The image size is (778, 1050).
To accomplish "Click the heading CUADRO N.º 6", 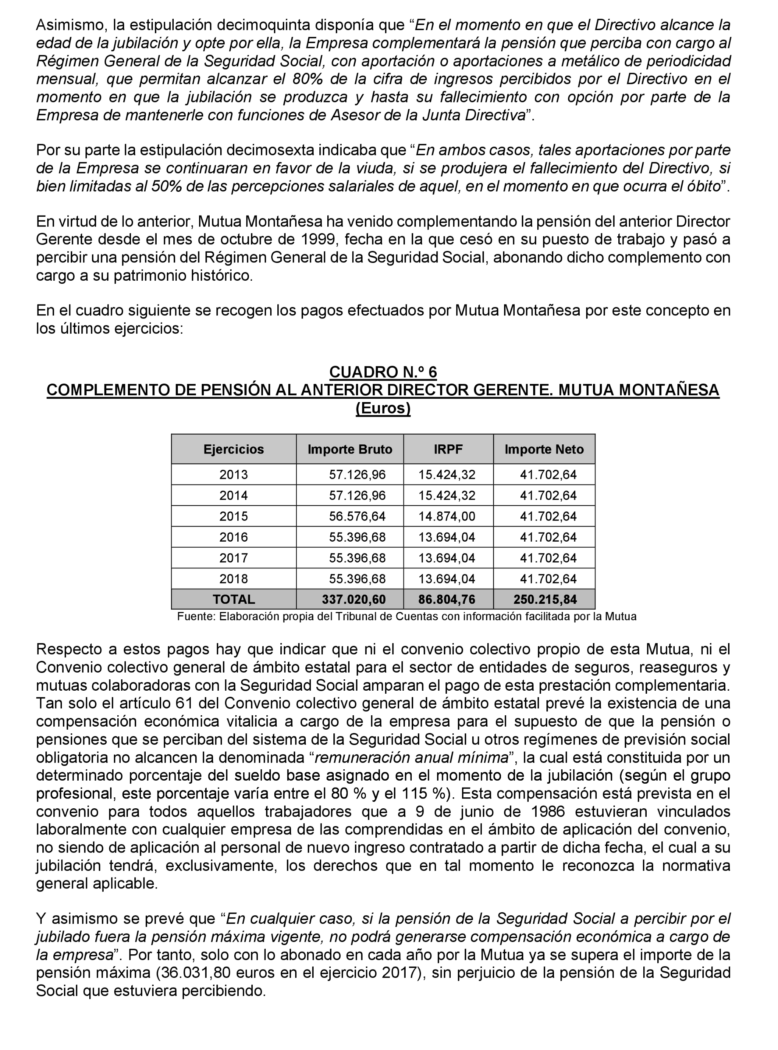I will click(383, 372).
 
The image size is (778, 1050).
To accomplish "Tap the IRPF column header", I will click(448, 449).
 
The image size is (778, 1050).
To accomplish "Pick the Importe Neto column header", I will click(544, 449).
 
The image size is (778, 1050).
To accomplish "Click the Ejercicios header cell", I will click(233, 449).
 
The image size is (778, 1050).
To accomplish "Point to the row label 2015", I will click(233, 516).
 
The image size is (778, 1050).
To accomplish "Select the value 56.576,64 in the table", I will click(357, 516).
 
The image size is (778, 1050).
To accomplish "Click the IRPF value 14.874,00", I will click(447, 516).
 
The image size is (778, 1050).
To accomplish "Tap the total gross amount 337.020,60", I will click(354, 599).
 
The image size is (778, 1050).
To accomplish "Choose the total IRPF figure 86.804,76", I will click(447, 599).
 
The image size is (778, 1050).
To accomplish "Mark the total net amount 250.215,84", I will click(545, 599).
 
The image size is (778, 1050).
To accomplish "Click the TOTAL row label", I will click(233, 599).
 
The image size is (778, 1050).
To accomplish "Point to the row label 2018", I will click(233, 578).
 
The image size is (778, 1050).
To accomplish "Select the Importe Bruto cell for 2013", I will click(357, 474).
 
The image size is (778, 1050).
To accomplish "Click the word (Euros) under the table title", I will click(383, 408).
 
